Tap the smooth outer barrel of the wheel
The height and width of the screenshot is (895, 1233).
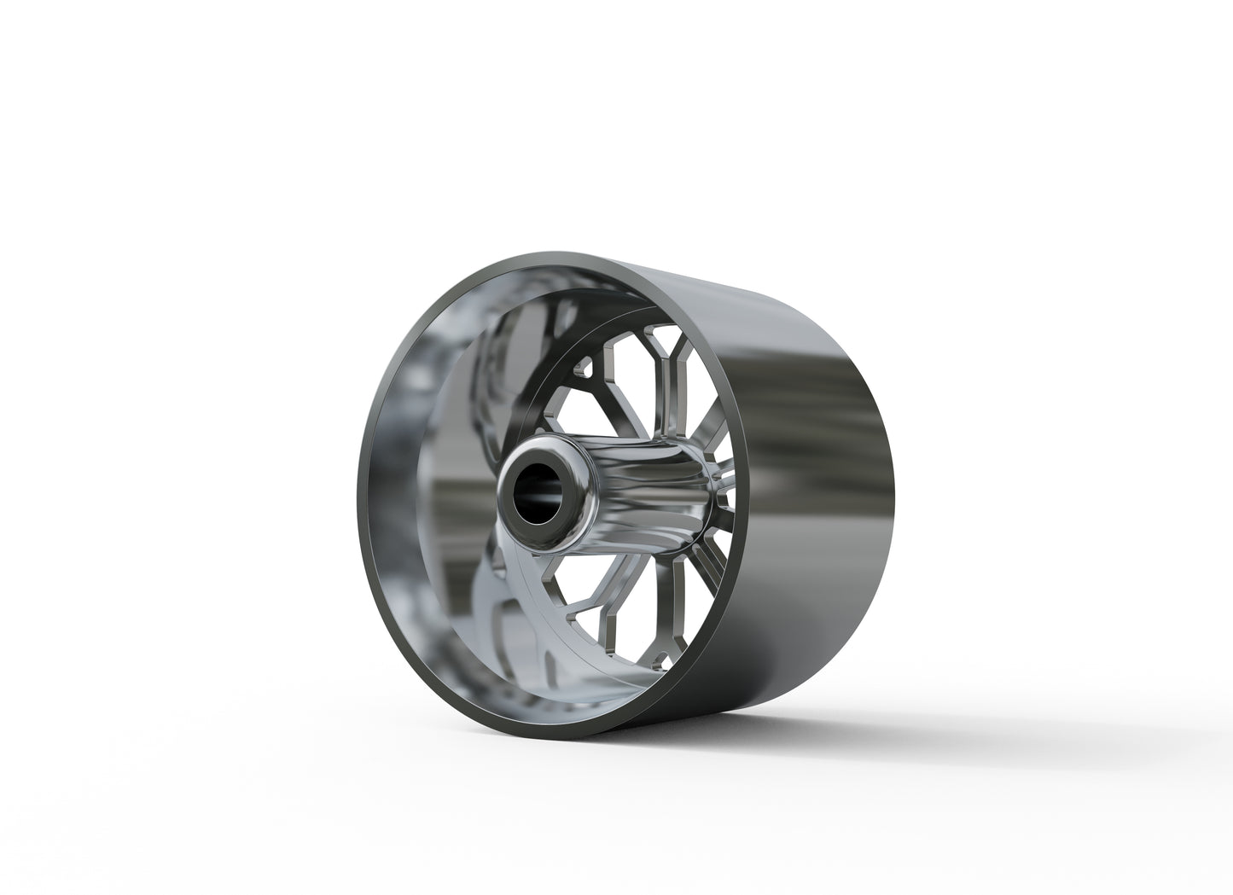coord(794,478)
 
